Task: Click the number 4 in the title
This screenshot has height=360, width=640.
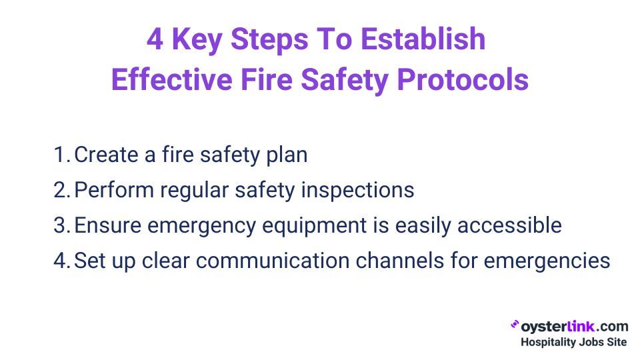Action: click(155, 39)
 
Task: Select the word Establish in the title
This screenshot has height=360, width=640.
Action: click(423, 39)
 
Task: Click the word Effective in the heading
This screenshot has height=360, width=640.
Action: click(172, 79)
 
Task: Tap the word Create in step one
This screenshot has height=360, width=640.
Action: click(106, 155)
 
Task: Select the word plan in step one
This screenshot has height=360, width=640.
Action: click(287, 155)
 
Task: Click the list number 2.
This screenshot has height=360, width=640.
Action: click(63, 190)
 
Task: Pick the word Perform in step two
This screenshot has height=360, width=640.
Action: click(114, 190)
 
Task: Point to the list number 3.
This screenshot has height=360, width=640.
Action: click(63, 225)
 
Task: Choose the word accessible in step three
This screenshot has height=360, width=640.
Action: click(509, 225)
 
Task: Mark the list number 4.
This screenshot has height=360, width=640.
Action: click(63, 261)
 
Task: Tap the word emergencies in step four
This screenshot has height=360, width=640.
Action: click(547, 262)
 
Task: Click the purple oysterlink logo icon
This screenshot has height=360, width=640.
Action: click(515, 325)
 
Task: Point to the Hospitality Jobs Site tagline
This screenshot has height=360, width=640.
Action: click(573, 342)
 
